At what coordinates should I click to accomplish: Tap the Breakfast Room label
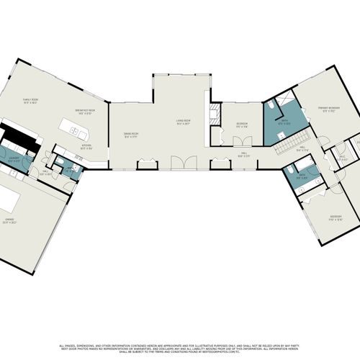86,110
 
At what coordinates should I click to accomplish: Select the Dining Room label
130,135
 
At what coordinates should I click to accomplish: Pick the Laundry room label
14,158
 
